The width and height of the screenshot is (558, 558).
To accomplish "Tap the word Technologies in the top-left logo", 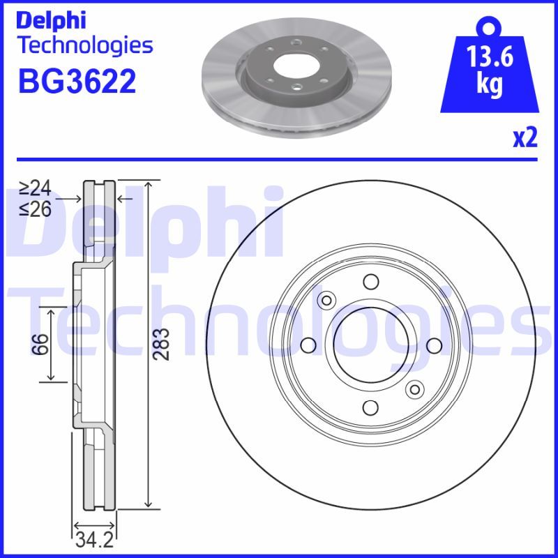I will (84, 46).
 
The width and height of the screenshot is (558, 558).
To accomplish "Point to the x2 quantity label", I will (525, 139).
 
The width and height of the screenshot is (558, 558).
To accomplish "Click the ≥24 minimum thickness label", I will (35, 188).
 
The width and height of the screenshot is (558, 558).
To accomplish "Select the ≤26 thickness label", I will (35, 209).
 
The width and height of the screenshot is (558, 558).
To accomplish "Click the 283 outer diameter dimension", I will (162, 344).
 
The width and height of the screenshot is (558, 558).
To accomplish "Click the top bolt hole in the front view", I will (370, 282).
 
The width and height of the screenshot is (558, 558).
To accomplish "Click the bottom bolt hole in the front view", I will (370, 408).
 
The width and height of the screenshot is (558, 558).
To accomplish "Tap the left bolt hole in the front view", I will (307, 345).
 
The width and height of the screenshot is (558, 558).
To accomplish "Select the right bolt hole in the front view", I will (433, 345).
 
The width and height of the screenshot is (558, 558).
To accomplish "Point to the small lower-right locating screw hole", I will (415, 389).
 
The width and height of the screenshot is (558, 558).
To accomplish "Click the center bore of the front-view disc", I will (370, 345).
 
